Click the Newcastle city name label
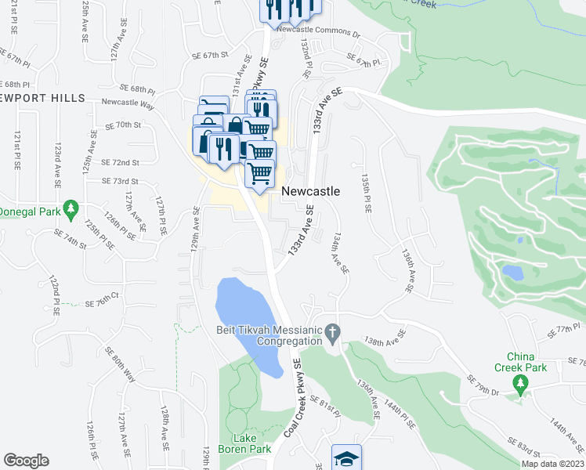(310, 191)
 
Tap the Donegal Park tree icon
(71, 208)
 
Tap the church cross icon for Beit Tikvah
(332, 332)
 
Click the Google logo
(26, 461)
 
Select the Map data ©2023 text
(553, 464)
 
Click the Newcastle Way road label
(128, 102)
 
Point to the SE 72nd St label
(120, 162)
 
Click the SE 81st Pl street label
(325, 406)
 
